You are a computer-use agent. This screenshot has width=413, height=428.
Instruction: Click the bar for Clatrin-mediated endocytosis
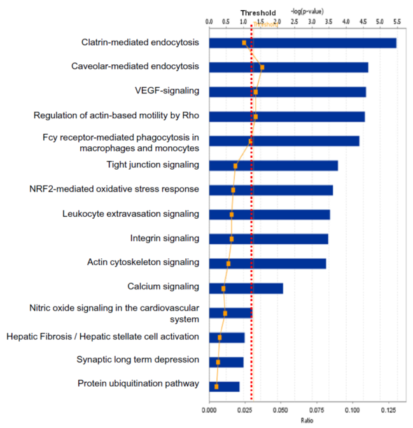[302, 43]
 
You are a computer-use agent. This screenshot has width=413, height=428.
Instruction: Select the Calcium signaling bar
[246, 289]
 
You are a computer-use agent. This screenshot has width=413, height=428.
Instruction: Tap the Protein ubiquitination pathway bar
[224, 387]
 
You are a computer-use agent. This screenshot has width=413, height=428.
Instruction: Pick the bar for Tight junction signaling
[274, 166]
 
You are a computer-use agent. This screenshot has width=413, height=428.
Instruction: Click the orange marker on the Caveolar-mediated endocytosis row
[262, 67]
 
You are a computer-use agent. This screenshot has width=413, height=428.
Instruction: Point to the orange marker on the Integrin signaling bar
[232, 239]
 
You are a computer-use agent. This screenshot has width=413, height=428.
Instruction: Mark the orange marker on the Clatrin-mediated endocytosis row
[244, 43]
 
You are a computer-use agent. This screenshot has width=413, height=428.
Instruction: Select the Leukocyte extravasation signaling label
[130, 214]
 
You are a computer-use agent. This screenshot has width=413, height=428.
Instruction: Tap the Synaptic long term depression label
[137, 360]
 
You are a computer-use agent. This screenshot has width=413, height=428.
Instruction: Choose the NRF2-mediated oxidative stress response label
[114, 190]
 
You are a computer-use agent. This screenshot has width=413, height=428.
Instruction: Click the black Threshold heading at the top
[258, 13]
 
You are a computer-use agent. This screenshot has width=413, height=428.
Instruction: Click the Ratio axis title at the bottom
[307, 420]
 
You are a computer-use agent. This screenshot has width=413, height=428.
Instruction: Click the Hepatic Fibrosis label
[102, 336]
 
